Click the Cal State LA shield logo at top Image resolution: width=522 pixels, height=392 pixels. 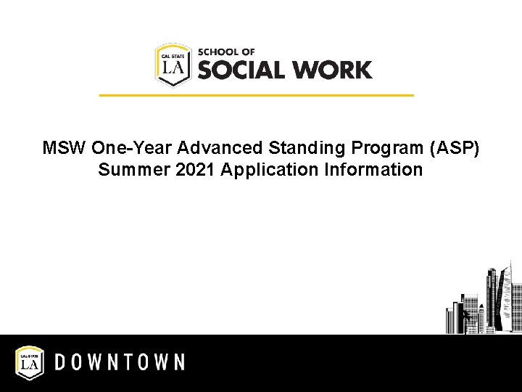click(x=173, y=64)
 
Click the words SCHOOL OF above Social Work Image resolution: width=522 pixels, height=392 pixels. click(x=226, y=52)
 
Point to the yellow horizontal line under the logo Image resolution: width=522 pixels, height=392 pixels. click(x=256, y=95)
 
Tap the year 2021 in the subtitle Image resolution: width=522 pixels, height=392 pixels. click(x=180, y=170)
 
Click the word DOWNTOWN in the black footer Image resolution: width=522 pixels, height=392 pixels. click(x=120, y=362)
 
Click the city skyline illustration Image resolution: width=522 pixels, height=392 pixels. click(x=482, y=305)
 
